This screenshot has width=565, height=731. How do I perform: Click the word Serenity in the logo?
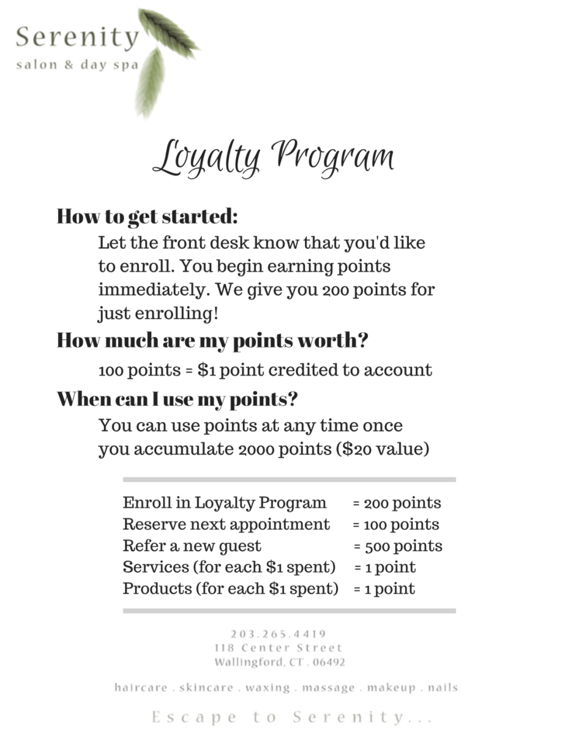click(77, 38)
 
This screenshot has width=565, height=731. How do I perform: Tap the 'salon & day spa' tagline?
click(77, 65)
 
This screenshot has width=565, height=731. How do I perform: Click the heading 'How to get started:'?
click(147, 216)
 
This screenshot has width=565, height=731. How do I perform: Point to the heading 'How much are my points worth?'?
click(212, 340)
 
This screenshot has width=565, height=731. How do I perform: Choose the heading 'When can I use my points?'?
click(177, 398)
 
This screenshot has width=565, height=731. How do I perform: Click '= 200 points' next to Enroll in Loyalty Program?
click(397, 503)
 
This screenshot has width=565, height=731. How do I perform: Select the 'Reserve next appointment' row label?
click(226, 524)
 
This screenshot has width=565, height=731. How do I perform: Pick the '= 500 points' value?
click(398, 546)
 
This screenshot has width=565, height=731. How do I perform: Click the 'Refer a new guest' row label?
click(191, 546)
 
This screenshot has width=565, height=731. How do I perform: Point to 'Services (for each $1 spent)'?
click(229, 567)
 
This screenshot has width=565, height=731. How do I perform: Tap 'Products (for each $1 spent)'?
click(230, 589)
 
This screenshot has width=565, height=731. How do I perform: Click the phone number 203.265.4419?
click(279, 634)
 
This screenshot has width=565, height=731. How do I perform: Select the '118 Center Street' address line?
click(279, 648)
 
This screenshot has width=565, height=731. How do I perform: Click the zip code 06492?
click(329, 662)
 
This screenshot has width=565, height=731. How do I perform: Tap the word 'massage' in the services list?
click(328, 688)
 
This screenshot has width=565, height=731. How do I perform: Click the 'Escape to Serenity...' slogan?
click(291, 717)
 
